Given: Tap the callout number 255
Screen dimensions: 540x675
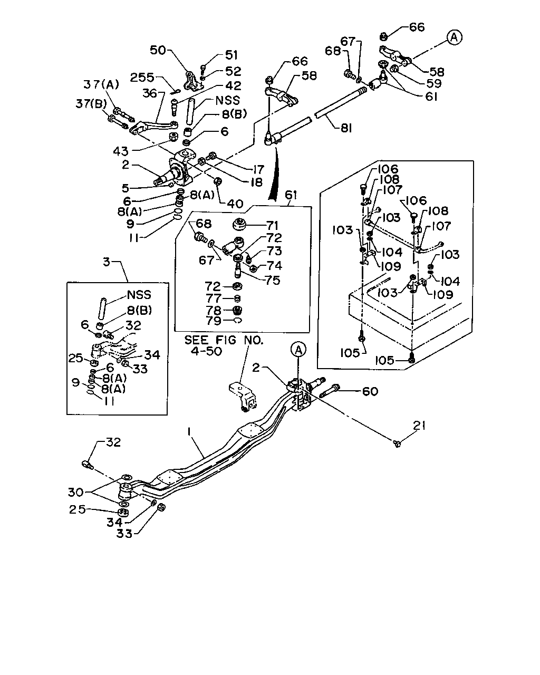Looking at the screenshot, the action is coord(142,78).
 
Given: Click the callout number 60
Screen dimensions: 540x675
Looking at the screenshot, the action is coord(370,391).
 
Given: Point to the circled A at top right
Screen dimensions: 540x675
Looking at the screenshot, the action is coord(454,37).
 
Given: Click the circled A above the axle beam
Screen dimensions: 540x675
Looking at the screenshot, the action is coord(298,350).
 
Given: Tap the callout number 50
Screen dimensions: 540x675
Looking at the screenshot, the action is coord(158,50).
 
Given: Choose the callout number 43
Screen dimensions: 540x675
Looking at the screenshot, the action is coord(121,151).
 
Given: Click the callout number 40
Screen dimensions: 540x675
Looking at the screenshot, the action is coord(235,204).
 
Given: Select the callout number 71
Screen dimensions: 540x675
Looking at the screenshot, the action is coord(272,226).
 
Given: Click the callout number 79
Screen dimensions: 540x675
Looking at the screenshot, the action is coord(214,321).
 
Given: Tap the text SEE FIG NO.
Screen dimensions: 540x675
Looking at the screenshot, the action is coord(224,340).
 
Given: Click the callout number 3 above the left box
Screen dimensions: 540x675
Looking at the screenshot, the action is coord(107,262).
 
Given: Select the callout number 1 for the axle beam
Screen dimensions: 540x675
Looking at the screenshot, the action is coord(189,432).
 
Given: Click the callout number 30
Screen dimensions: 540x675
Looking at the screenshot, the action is coord(76,492).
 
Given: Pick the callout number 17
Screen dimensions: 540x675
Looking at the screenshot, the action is coord(258,170).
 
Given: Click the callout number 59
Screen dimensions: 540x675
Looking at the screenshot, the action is coord(434,84).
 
